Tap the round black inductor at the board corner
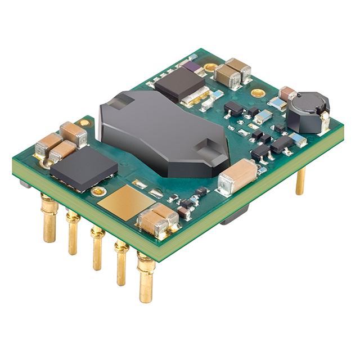point(308,112)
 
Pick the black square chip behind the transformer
point(179,82)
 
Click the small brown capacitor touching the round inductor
point(287,93)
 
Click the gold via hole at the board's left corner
point(84,122)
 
